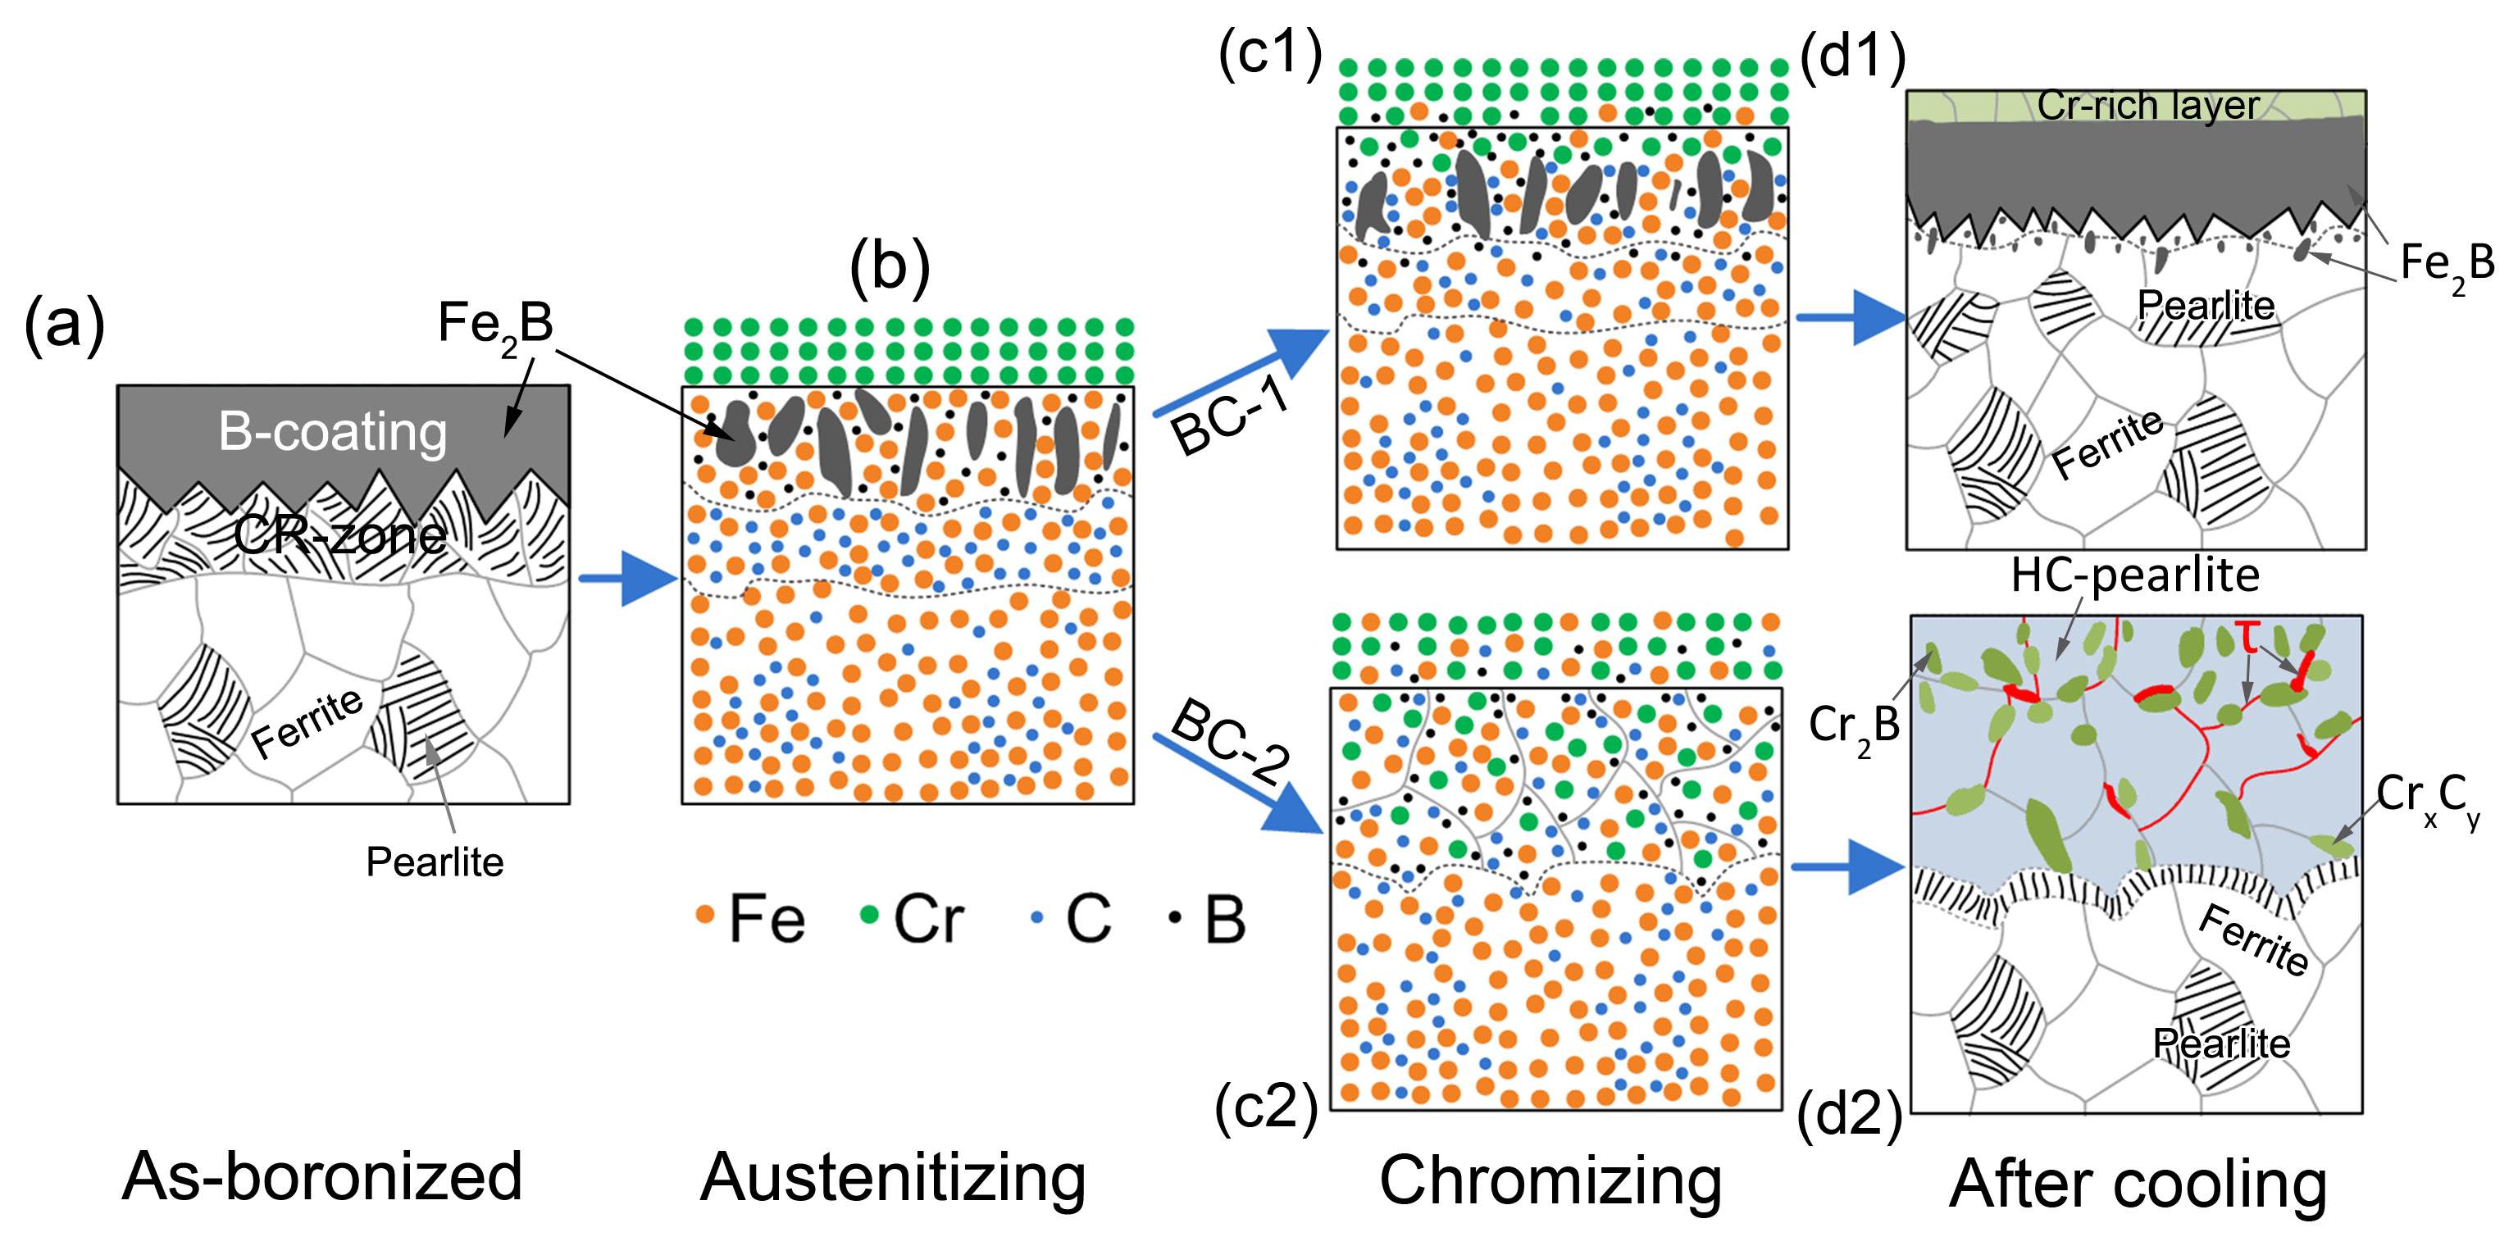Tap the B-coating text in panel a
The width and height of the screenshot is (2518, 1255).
coord(332,431)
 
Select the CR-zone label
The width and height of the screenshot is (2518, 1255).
coord(339,534)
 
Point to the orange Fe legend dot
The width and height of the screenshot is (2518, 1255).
coord(703,915)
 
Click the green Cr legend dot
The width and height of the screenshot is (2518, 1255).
coord(868,915)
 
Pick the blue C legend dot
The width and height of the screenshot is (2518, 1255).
coord(1037,916)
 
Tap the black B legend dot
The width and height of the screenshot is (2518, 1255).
coord(1175,916)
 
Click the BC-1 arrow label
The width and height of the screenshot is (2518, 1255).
coord(1229,416)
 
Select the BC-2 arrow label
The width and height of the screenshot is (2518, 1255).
coord(1231,742)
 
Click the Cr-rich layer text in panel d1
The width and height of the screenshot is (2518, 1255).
coord(2147,106)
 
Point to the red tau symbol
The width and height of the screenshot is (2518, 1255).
coord(2248,637)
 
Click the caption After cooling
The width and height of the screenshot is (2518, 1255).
coord(2137,1184)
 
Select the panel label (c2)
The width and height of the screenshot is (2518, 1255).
coord(1266,1107)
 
